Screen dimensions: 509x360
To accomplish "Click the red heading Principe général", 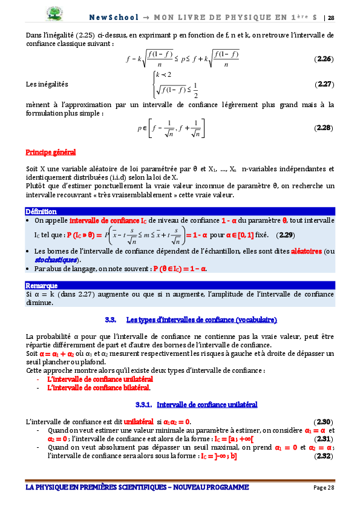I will [x=51, y=152].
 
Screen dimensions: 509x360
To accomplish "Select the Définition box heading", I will [x=41, y=211].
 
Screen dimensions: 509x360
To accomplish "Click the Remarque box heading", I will [x=42, y=285].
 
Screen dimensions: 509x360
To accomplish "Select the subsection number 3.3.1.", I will [x=143, y=404].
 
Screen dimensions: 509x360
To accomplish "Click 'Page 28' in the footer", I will [x=324, y=487].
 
